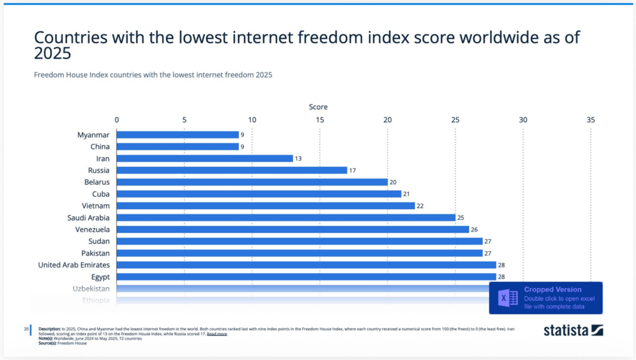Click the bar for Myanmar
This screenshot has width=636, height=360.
pos(178,135)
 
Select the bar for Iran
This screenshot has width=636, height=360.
pos(204,158)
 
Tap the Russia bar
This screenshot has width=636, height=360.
pos(232,170)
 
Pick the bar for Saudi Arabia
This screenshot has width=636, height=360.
pos(286,218)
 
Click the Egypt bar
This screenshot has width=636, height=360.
pos(306,277)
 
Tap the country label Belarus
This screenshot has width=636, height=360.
pos(97,182)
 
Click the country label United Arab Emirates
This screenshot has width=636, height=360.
pos(74,265)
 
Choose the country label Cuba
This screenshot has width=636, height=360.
pos(101,194)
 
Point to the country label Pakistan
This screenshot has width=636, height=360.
pos(96,253)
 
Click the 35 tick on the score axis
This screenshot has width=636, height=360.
pos(591,120)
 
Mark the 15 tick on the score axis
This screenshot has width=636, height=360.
pos(320,120)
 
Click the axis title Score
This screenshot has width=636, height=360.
pos(319,107)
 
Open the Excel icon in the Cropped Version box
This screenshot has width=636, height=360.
pos(509,298)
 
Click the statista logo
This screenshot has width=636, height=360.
pos(573,330)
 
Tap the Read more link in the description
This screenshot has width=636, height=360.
pos(217,334)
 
